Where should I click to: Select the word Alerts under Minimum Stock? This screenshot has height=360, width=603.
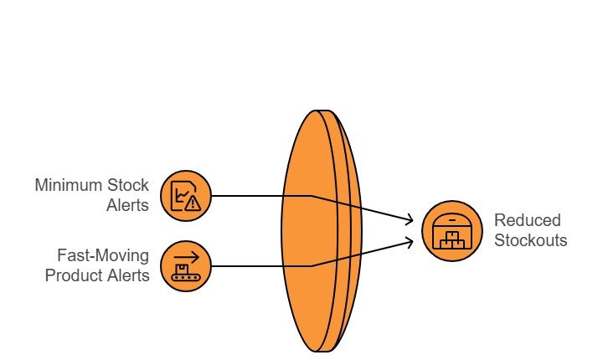[x=129, y=204]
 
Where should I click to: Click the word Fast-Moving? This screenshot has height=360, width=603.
[x=104, y=255]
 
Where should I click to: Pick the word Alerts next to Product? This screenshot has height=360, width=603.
[x=130, y=275]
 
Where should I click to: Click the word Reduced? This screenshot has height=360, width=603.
[x=528, y=221]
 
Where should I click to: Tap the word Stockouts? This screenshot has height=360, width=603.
[x=531, y=240]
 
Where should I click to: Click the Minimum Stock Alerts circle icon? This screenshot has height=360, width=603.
[x=185, y=196]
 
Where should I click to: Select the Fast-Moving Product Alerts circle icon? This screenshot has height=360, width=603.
[x=185, y=265]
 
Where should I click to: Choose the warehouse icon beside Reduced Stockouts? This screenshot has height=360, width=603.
[x=452, y=231]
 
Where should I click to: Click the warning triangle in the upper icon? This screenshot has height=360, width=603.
[x=193, y=202]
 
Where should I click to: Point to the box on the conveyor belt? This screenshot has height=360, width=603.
[x=182, y=267]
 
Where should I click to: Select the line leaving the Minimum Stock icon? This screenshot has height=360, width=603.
[x=260, y=196]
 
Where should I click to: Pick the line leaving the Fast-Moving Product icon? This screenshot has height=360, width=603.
[x=260, y=265]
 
